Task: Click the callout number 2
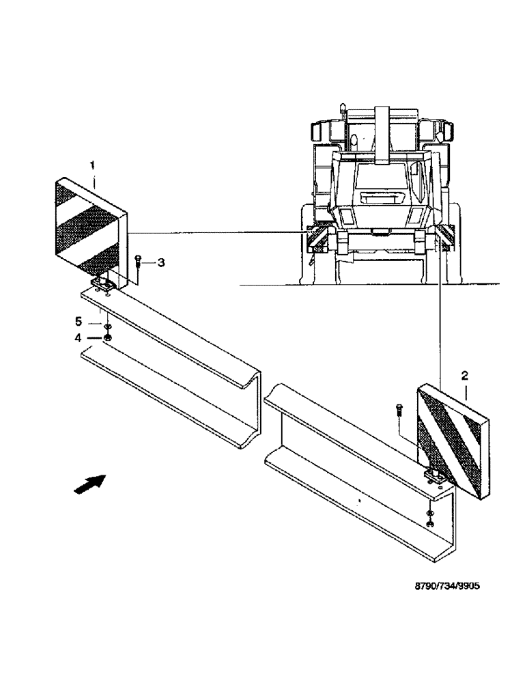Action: click(x=464, y=375)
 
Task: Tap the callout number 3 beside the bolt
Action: click(x=161, y=262)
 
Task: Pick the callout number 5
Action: click(x=79, y=321)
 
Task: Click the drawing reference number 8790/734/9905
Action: click(x=443, y=585)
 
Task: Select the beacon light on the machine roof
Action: click(x=343, y=108)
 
